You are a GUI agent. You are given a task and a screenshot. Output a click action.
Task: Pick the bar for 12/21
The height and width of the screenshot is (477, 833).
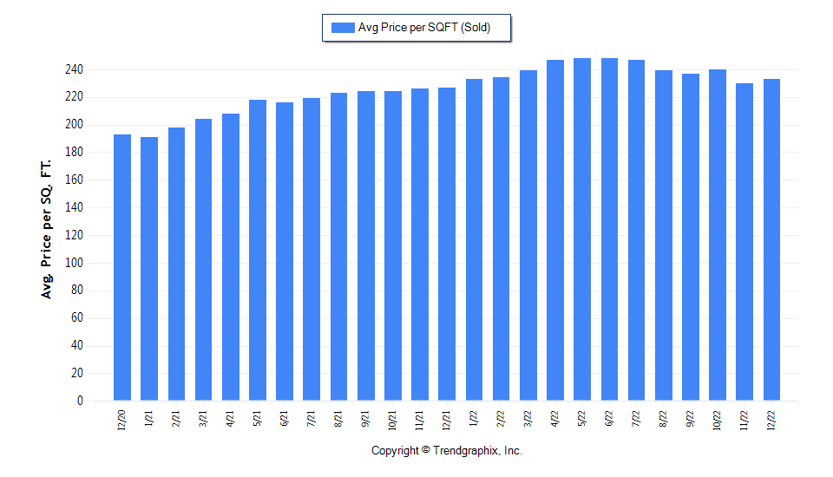click(x=447, y=244)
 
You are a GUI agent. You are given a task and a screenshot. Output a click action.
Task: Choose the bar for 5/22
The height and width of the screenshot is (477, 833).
click(x=582, y=229)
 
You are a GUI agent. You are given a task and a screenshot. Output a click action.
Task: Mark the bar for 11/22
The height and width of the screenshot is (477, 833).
click(x=744, y=242)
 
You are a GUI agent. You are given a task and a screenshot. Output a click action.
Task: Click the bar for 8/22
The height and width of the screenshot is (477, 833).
click(x=664, y=235)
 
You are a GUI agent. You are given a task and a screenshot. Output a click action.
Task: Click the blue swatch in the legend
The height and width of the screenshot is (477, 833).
click(x=342, y=28)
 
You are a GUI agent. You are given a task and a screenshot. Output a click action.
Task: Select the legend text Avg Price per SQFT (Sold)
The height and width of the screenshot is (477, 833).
click(x=424, y=28)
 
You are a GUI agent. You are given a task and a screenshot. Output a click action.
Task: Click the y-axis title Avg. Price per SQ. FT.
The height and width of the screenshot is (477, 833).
click(x=47, y=230)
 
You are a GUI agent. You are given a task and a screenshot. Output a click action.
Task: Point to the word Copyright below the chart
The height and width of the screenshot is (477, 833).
click(x=396, y=451)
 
